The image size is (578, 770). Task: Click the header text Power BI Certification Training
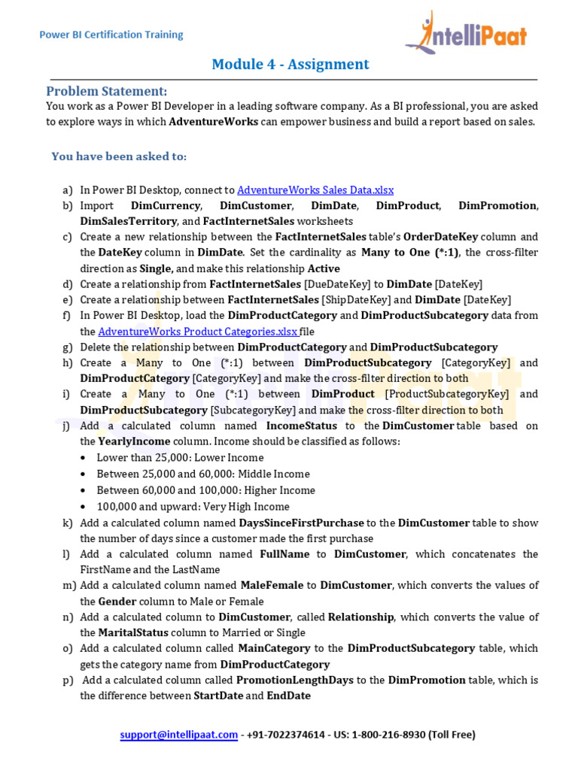tap(111, 35)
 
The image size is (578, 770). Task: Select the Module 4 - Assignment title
tap(290, 64)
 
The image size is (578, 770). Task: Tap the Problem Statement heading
tap(106, 91)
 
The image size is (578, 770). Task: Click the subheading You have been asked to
tap(119, 156)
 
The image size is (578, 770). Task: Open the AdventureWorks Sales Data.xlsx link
tap(315, 190)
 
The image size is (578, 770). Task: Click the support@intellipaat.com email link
tap(179, 735)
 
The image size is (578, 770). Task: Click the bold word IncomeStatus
tap(301, 426)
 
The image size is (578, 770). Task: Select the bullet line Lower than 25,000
tap(180, 458)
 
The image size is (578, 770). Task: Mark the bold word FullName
tap(284, 554)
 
